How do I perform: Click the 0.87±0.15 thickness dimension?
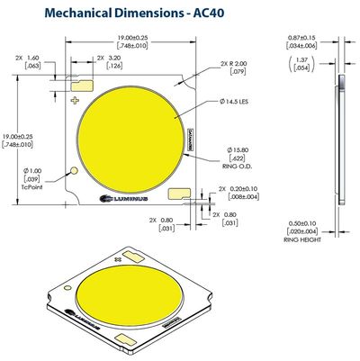coord(302,42)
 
